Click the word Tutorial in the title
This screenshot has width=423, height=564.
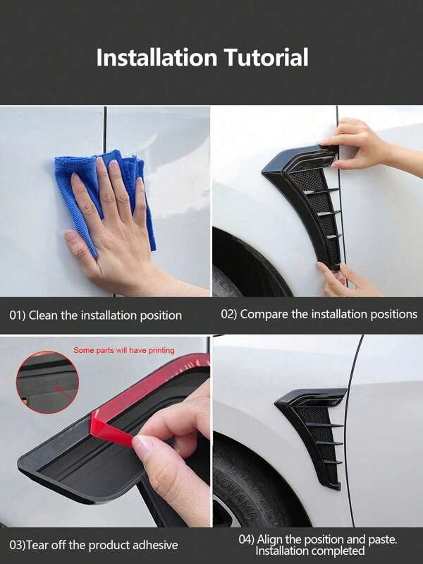pos(266,58)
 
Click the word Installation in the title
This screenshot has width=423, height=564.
pos(157,58)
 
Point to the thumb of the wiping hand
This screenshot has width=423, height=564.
pos(78,245)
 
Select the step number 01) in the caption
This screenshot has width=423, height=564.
pos(17,316)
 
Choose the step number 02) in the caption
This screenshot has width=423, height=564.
pos(229,314)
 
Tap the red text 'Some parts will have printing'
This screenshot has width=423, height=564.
pos(124,350)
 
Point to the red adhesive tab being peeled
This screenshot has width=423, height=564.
pos(111,428)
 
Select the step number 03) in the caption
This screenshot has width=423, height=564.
pos(18,545)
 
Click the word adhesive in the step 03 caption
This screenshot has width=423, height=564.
pos(155,545)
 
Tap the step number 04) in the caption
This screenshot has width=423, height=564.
pos(247,539)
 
